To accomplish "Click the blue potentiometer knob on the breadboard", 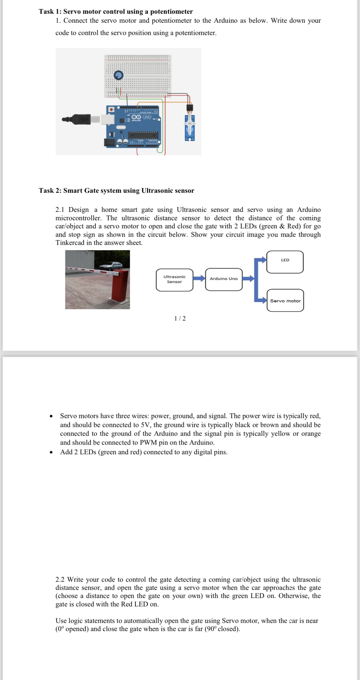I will (118, 75).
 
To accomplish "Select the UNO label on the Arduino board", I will (147, 117).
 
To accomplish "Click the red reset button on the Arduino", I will (111, 109).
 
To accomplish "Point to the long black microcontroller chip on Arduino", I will (143, 136).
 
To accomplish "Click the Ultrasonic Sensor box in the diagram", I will (174, 279).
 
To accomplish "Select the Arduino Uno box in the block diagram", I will (223, 279).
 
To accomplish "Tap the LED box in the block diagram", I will (285, 261).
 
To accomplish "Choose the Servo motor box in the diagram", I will (285, 301).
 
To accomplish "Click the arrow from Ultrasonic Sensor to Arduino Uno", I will (199, 278).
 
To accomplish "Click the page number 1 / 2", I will (180, 318).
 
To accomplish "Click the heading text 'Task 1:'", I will (50, 11).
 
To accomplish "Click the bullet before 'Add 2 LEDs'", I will (51, 452).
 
